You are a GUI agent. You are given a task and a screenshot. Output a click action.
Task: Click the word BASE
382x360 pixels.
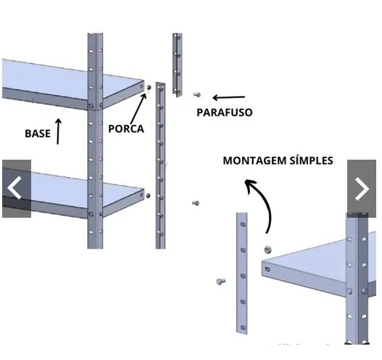pyautogui.click(x=38, y=134)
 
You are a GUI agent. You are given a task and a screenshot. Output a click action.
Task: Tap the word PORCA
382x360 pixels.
pyautogui.click(x=126, y=128)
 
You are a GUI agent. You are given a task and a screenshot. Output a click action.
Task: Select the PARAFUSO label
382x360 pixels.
pyautogui.click(x=225, y=112)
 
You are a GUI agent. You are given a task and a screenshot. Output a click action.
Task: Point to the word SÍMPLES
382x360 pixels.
pyautogui.click(x=311, y=160)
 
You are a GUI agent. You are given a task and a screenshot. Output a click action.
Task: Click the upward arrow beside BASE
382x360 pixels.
pyautogui.click(x=58, y=131)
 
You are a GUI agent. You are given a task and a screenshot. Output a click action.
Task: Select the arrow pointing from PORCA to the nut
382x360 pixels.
pyautogui.click(x=138, y=109)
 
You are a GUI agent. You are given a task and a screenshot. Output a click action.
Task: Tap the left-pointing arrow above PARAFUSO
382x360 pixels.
pyautogui.click(x=228, y=97)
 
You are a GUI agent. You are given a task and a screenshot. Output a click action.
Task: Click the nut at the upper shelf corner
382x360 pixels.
pyautogui.click(x=149, y=87)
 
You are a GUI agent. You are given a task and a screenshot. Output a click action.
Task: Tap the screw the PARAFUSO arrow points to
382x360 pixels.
pyautogui.click(x=197, y=94)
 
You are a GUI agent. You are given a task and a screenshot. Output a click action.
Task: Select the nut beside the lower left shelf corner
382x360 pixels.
pyautogui.click(x=148, y=196)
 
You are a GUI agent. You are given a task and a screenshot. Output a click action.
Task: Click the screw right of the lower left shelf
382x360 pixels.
pyautogui.click(x=196, y=203)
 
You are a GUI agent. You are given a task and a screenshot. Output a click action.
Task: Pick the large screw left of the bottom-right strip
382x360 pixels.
pyautogui.click(x=221, y=282)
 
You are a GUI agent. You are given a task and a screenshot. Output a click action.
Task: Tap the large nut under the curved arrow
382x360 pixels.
pyautogui.click(x=267, y=250)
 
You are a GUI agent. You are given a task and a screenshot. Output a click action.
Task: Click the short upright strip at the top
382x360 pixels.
pyautogui.click(x=178, y=65)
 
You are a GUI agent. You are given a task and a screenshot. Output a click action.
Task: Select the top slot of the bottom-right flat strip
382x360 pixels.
pyautogui.click(x=243, y=224)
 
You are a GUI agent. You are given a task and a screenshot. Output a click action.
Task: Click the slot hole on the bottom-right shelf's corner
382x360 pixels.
pyautogui.click(x=267, y=269)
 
